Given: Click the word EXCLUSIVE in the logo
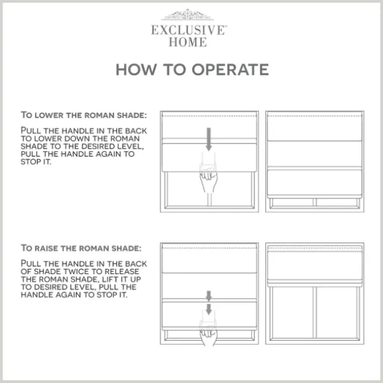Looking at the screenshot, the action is [x=189, y=30].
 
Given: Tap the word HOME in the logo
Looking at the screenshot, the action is [x=188, y=42].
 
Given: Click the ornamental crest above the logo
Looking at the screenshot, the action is [x=188, y=15].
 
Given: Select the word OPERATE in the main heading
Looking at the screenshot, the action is [x=230, y=69].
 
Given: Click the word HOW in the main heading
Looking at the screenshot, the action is [x=136, y=69].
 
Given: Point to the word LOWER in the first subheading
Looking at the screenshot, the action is [x=49, y=116].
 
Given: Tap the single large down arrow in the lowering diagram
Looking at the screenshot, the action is [x=209, y=139].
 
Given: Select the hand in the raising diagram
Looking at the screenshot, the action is [x=208, y=336].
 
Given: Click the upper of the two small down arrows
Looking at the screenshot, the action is [x=209, y=296].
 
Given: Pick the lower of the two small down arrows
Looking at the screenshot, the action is [x=209, y=309].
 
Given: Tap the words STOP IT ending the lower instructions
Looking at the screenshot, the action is [x=36, y=162].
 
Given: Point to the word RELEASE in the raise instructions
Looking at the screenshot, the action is [x=122, y=271].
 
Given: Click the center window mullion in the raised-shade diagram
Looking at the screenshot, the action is [x=314, y=312].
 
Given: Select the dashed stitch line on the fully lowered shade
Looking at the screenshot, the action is [x=314, y=116].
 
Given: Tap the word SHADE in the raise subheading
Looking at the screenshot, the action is [x=126, y=248].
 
